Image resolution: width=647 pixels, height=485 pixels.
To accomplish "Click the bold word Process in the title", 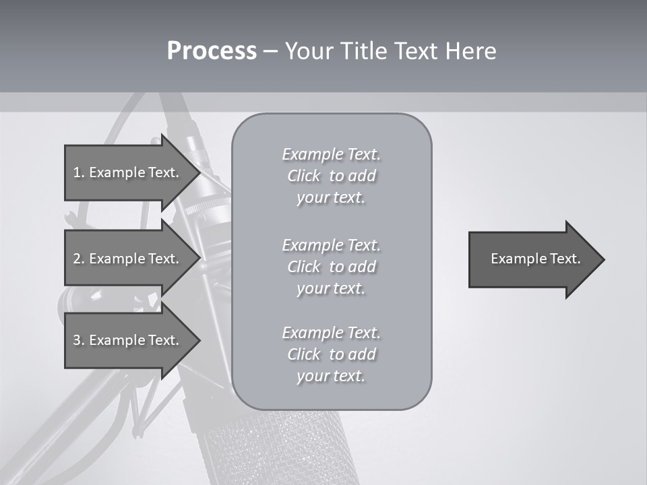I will point(212,51).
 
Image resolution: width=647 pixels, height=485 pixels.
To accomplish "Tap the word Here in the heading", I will point(469,51).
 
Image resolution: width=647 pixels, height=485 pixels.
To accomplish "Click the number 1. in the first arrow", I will point(78,172).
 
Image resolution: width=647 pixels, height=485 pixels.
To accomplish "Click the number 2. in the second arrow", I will point(78,259).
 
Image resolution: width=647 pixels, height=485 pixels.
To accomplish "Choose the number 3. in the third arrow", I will point(78,340).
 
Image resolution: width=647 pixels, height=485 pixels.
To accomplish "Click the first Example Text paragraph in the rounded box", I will point(331,176).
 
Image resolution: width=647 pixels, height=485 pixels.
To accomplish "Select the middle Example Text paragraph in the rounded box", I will point(331,266).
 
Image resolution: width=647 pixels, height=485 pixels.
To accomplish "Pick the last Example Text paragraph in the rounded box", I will point(331,354).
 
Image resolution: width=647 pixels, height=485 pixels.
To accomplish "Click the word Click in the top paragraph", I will point(304,176).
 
